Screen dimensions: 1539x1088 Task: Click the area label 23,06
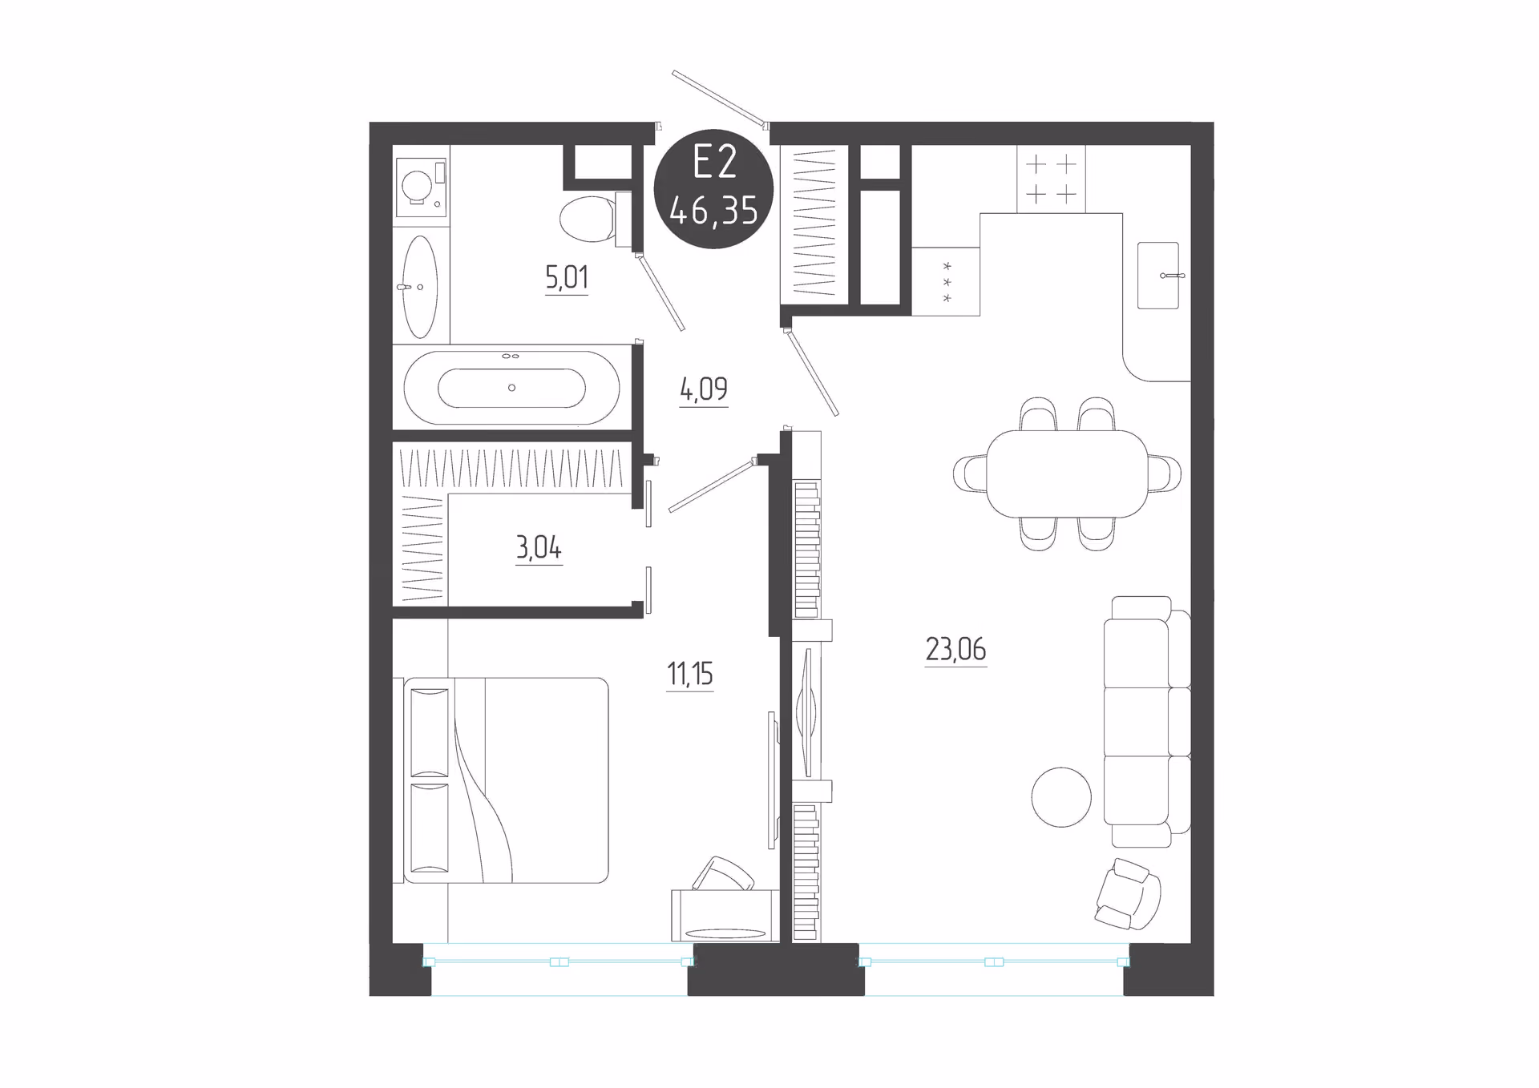click(x=955, y=649)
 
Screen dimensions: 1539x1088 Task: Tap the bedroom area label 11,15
click(x=689, y=675)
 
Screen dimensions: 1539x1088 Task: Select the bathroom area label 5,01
click(x=567, y=278)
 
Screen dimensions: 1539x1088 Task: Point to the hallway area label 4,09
click(x=704, y=390)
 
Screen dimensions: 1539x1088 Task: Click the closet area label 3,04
click(x=539, y=548)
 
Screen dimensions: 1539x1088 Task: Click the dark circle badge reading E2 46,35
click(x=713, y=188)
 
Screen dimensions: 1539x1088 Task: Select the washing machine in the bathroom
click(x=421, y=187)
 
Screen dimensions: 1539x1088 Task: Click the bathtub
click(x=511, y=388)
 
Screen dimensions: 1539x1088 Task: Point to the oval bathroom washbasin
click(x=419, y=286)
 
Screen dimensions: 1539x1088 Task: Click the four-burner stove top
click(x=1051, y=179)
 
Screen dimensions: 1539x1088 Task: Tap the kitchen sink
click(x=1158, y=275)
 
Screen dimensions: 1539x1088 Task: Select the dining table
click(x=1067, y=473)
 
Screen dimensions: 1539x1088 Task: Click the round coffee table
click(x=1061, y=796)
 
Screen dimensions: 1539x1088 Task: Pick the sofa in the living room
click(x=1147, y=721)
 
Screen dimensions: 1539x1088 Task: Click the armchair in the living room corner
click(x=1128, y=893)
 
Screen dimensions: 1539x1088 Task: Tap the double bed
click(x=506, y=780)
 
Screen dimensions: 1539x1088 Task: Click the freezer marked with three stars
click(x=946, y=281)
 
